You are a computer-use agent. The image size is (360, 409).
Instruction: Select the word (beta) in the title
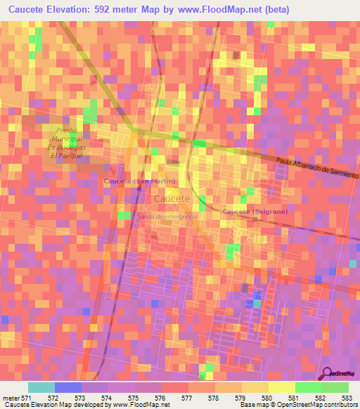tap(272, 9)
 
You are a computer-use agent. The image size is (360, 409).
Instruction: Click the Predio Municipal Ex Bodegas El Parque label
tap(66, 143)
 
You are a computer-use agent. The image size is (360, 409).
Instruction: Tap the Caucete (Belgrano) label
tap(255, 212)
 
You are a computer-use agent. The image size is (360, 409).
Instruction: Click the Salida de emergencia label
tap(168, 216)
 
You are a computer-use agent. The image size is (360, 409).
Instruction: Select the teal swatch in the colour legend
tap(41, 387)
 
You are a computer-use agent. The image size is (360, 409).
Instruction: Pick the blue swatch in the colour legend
tap(67, 387)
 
